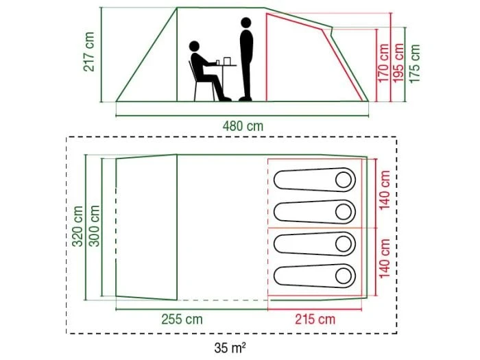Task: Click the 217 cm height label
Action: pos(88,51)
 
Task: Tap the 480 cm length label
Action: pos(243,126)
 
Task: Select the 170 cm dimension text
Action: pos(383,63)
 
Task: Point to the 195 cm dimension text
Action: pos(398,63)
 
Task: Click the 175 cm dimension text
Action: pos(414,63)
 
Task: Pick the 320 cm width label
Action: pos(77,226)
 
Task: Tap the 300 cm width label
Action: pos(95,226)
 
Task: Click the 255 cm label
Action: pos(182,320)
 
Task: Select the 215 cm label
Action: pos(315,320)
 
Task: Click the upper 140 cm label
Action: pos(385,191)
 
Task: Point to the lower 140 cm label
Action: pos(385,259)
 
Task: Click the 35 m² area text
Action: pos(230,348)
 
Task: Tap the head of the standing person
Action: pos(245,23)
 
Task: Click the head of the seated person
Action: pos(194,47)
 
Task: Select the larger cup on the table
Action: pos(227,61)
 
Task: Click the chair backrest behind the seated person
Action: pos(192,71)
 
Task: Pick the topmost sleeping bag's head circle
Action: pos(344,180)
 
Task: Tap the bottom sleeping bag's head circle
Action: pos(344,276)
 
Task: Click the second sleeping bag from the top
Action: pos(315,212)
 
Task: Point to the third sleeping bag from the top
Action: pos(315,244)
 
